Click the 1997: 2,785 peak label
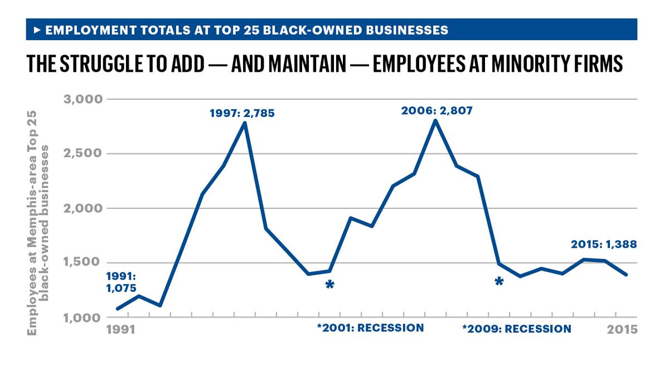242,114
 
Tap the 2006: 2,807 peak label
437,110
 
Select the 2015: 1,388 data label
603,244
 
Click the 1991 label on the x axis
121,329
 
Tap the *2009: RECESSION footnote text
516,329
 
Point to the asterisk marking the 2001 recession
329,285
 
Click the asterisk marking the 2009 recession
499,282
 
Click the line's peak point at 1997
245,123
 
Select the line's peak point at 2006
435,120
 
